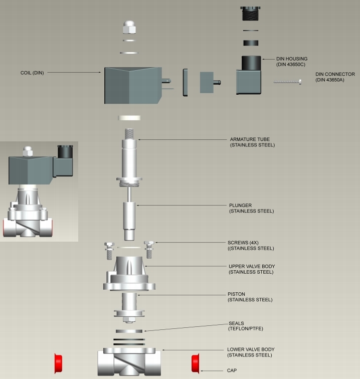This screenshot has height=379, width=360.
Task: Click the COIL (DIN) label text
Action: point(32,73)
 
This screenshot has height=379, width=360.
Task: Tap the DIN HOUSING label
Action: point(292,62)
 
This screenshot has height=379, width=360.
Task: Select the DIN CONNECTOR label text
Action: point(335,78)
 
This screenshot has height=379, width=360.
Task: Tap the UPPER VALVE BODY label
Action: point(251,269)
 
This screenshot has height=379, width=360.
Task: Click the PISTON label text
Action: point(250,297)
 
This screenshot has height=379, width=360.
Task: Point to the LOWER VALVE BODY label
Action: point(250,352)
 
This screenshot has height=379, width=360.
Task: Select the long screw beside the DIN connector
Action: point(287,82)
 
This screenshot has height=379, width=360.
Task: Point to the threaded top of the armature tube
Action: point(130,134)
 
